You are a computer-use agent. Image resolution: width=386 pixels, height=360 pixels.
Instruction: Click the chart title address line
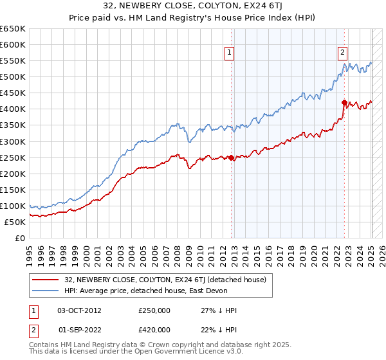click(192, 5)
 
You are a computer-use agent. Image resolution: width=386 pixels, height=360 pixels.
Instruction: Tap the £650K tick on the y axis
click(12, 29)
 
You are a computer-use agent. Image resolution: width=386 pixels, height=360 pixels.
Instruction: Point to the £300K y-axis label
click(12, 141)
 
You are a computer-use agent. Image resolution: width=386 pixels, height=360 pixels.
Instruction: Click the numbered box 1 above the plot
click(230, 53)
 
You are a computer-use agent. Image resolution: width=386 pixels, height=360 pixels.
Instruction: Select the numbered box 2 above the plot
click(343, 53)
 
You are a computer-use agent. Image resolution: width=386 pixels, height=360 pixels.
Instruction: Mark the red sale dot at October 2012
click(232, 157)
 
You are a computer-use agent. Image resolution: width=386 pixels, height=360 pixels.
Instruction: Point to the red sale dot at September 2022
click(344, 102)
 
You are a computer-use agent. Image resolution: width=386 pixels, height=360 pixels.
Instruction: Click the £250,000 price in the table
click(154, 309)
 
